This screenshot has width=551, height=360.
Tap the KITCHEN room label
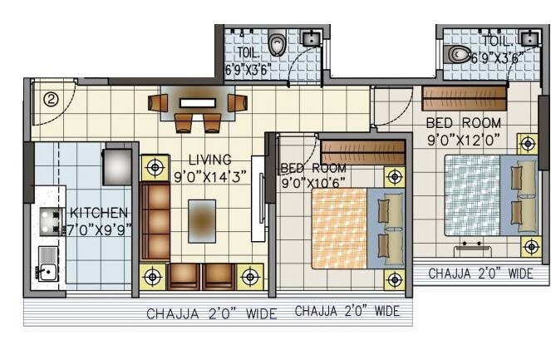click(98, 213)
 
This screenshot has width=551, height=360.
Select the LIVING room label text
click(209, 160)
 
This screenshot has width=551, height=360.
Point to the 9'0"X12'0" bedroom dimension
click(465, 140)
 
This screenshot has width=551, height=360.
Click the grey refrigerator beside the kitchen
click(117, 166)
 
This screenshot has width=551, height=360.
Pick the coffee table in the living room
click(201, 220)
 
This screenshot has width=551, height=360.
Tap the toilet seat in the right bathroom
click(458, 55)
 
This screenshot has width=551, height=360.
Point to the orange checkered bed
click(339, 228)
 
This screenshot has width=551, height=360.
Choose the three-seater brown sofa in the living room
click(155, 222)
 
